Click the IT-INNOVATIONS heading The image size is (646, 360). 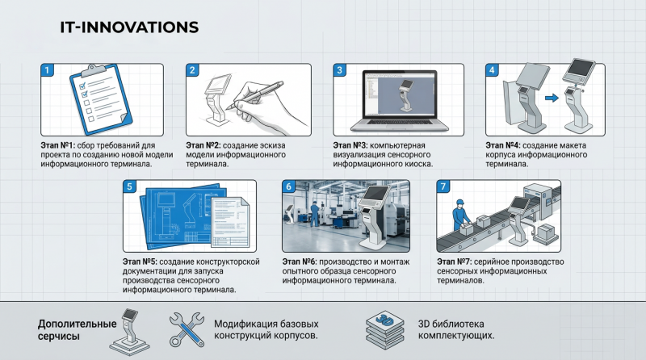point(129,27)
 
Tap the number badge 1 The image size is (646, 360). point(48,70)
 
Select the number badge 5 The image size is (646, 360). point(129,186)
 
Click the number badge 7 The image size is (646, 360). point(443,186)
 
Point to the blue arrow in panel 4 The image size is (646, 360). point(552,98)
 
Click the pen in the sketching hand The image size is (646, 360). point(254,94)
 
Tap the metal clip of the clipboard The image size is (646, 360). point(94,70)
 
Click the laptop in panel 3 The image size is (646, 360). point(399,101)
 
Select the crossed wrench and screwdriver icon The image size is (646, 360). point(187,329)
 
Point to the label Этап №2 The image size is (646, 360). point(203,145)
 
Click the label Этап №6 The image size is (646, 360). point(300,262)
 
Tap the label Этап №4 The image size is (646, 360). point(502,145)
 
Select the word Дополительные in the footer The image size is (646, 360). point(77,324)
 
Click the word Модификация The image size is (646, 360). point(244,324)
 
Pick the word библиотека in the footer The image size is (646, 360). point(458,324)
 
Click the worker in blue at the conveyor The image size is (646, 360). point(461,216)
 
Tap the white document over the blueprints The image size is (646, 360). point(230,222)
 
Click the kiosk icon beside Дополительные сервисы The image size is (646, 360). point(130,332)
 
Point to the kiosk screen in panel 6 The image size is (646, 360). point(375,192)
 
